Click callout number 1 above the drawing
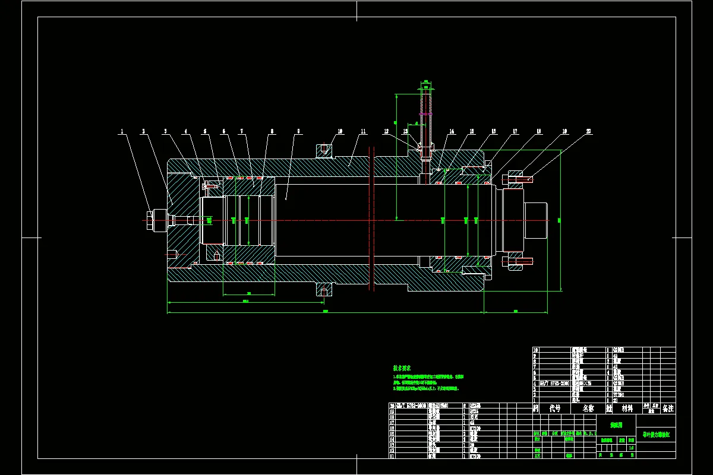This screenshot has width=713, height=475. tap(122, 131)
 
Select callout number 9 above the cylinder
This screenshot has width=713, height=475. tap(298, 131)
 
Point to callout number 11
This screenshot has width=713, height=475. tap(363, 131)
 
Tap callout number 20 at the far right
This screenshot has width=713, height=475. tap(588, 131)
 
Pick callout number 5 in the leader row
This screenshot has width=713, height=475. tap(205, 131)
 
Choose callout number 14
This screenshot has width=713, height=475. tap(452, 131)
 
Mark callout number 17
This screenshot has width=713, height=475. tap(515, 131)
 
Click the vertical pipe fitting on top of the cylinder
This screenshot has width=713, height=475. tap(425, 119)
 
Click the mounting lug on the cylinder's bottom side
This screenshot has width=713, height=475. tap(324, 289)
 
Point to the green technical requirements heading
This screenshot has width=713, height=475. tap(402, 368)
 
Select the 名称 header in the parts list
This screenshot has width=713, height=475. tap(588, 408)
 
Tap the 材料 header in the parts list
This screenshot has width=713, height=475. tap(627, 408)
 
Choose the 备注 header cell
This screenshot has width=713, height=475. tap(667, 408)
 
